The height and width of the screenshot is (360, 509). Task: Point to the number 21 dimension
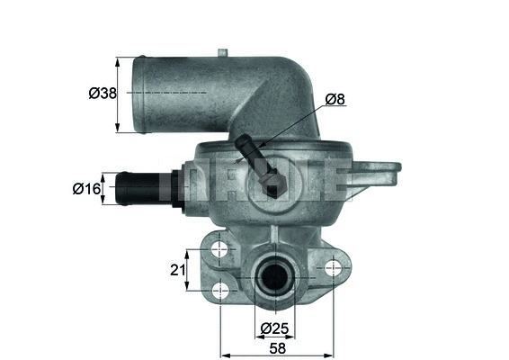[178, 269]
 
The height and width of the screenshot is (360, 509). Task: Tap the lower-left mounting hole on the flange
[219, 290]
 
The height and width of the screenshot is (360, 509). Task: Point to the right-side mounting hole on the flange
[334, 266]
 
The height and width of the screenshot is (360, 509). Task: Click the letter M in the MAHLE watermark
[179, 183]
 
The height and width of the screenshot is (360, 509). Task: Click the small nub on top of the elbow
[223, 49]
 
